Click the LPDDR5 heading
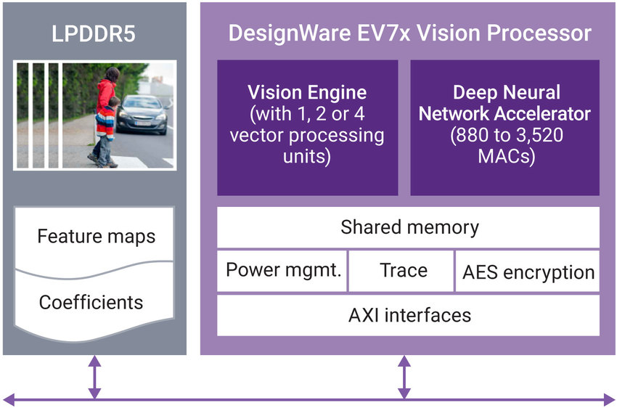(x=92, y=34)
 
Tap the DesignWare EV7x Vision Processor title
(x=409, y=34)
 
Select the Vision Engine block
(x=307, y=127)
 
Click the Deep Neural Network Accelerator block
(x=504, y=127)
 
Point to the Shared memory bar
(x=409, y=227)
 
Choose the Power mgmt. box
(x=283, y=271)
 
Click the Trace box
(x=403, y=271)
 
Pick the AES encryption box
(x=528, y=272)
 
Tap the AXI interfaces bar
(x=409, y=315)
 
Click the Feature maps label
(x=96, y=237)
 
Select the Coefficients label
(x=91, y=301)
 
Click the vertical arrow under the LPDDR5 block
(x=94, y=378)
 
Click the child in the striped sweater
(x=105, y=131)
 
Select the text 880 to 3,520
(x=504, y=135)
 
